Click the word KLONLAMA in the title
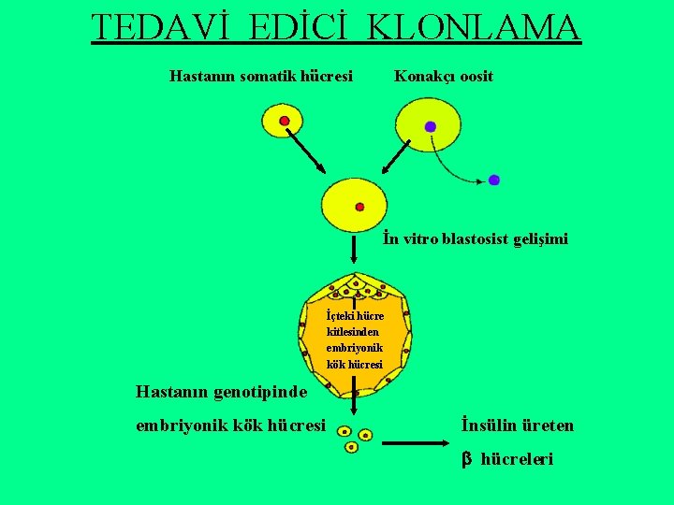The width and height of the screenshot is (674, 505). coord(475,28)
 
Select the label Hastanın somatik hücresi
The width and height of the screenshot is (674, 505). coord(261,76)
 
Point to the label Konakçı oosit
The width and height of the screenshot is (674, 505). coord(444,76)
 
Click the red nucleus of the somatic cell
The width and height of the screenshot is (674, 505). coord(285,122)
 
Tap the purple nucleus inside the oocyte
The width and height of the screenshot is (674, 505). coord(431,126)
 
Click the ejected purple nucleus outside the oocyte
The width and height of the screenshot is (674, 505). coord(493,180)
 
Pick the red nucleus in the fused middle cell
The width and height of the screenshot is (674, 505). coord(359,207)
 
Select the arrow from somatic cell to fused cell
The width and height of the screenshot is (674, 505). coord(304,150)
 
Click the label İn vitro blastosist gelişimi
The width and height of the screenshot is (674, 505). coord(475,239)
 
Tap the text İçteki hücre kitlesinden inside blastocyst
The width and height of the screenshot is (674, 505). coord(355,325)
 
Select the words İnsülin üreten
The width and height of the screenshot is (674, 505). coord(518,426)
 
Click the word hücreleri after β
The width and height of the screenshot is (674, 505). coord(517,459)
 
